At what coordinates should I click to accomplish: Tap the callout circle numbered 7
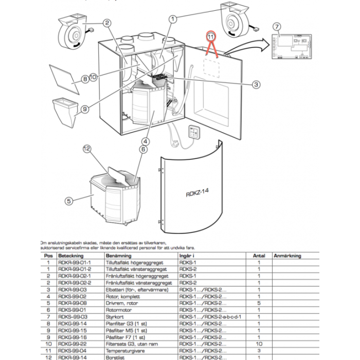click(276, 27)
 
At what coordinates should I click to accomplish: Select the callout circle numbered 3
click(255, 85)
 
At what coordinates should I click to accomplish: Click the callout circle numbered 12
click(87, 150)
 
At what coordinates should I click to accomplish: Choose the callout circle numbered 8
click(85, 80)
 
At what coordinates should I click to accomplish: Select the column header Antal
click(259, 255)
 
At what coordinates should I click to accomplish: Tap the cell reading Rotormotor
click(116, 310)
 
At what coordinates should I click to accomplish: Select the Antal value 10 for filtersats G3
click(259, 344)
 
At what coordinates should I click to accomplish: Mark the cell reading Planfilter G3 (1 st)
click(125, 324)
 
